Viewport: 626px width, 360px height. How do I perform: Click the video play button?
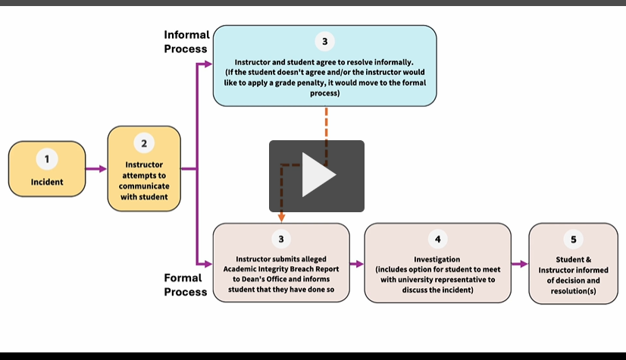pyautogui.click(x=317, y=176)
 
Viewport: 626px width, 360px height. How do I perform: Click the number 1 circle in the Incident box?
pyautogui.click(x=46, y=159)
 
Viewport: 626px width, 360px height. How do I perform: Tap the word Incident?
pyautogui.click(x=46, y=182)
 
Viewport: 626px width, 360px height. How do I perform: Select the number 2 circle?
pyautogui.click(x=144, y=142)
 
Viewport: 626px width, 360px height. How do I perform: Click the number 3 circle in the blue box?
pyautogui.click(x=325, y=42)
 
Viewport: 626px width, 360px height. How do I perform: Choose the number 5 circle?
pyautogui.click(x=573, y=239)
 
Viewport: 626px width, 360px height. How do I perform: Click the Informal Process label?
pyautogui.click(x=186, y=42)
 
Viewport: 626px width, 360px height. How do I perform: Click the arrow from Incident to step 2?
pyautogui.click(x=96, y=169)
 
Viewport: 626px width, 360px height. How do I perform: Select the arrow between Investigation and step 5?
pyautogui.click(x=519, y=264)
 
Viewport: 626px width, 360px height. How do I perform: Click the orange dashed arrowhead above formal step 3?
pyautogui.click(x=281, y=218)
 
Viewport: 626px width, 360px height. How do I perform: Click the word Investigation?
pyautogui.click(x=437, y=259)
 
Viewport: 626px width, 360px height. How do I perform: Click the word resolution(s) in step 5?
pyautogui.click(x=573, y=290)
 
